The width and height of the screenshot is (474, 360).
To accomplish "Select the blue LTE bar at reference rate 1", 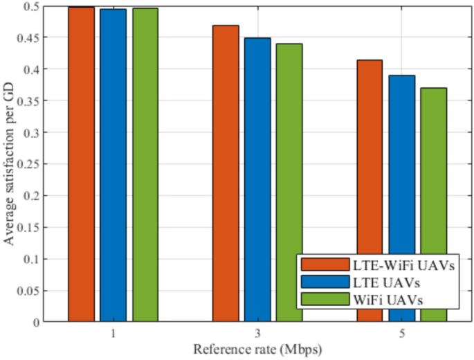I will (113, 165).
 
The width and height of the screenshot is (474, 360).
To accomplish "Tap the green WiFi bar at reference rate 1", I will (145, 165).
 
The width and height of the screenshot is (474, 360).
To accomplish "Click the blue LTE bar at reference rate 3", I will (257, 180).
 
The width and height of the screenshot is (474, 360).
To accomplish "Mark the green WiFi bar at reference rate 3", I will (289, 183).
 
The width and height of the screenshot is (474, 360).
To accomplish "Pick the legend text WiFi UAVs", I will (389, 299).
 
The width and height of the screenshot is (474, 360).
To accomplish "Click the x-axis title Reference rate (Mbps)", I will (257, 348).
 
